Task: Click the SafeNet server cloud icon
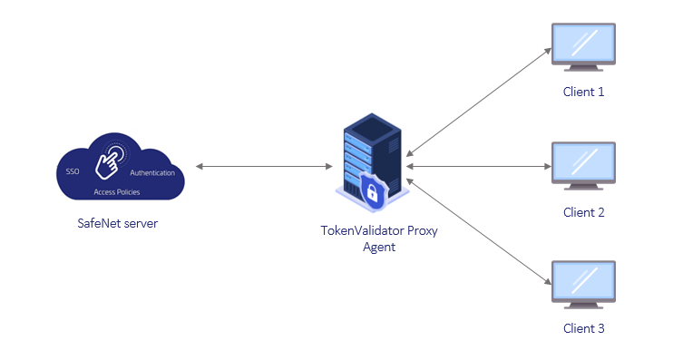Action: [119, 170]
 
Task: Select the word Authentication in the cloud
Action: [152, 172]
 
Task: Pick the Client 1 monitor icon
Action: [583, 47]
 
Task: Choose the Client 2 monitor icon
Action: [583, 163]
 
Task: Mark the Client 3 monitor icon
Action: [583, 283]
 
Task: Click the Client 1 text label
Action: [583, 92]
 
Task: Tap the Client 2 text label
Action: [583, 212]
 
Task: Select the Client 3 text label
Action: [583, 328]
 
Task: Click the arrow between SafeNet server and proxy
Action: [264, 167]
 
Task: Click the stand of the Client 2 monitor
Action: [583, 185]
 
